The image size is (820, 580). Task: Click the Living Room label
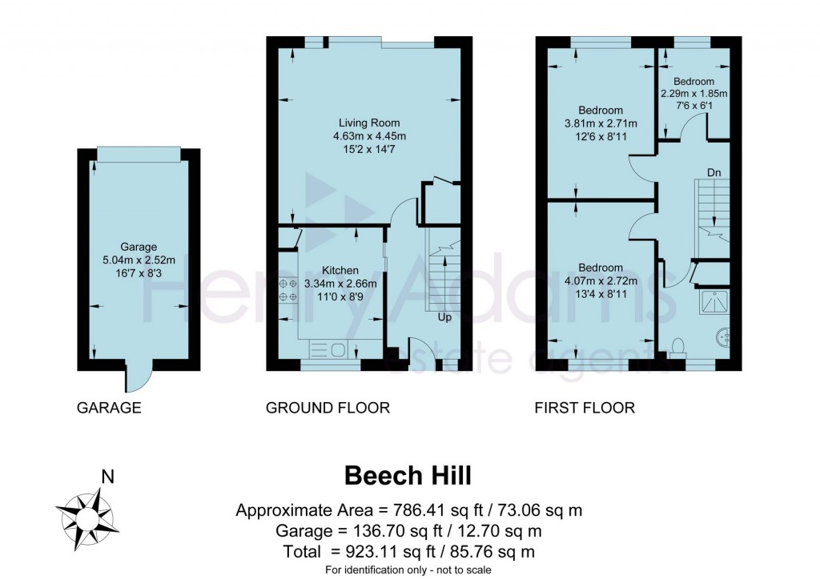[x=368, y=123]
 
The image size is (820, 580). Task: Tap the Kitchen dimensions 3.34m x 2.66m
[x=340, y=283]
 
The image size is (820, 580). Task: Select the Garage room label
[x=139, y=247]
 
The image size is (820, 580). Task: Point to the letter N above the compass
[x=107, y=477]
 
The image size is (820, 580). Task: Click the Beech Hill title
[x=408, y=475]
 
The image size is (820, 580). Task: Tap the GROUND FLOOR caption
[x=328, y=408]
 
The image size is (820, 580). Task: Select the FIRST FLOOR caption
[x=585, y=408]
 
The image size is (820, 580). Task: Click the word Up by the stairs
[x=444, y=317]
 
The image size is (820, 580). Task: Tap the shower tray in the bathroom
[x=713, y=300]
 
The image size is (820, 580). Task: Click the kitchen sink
[x=328, y=348]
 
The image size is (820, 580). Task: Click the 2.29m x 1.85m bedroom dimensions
[x=693, y=94]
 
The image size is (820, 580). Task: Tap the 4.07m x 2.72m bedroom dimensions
[x=601, y=280]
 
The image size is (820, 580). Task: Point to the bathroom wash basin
[x=724, y=337]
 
